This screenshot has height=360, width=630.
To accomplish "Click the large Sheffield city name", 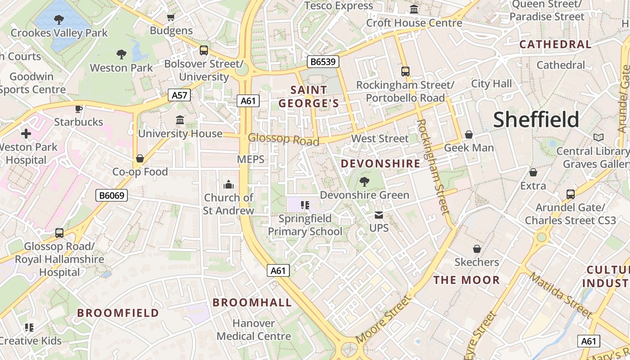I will point(536,120).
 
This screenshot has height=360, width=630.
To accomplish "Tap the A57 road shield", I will point(179,95).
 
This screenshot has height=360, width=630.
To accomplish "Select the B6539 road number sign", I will point(323,62).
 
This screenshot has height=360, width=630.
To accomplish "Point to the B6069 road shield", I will point(112,195).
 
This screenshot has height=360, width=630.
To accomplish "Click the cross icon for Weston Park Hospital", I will point(26,134).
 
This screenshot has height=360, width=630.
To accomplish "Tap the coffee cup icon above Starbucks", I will point(79,109).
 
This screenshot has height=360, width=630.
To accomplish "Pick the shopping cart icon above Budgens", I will point(171,18).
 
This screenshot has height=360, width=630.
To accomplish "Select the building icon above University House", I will point(180,120).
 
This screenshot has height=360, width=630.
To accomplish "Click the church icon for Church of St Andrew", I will point(229,184).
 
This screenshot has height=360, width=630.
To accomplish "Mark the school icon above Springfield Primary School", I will point(305,205).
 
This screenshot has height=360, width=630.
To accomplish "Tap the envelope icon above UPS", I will point(379,215).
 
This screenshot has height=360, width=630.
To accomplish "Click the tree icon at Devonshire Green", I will point(364,182).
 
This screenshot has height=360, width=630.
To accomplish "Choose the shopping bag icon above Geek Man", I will point(469,135).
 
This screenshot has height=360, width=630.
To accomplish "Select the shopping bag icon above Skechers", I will point(477,249).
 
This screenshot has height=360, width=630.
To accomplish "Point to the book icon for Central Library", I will point(598,138).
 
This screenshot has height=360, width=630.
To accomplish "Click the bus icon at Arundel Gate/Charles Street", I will point(570,194).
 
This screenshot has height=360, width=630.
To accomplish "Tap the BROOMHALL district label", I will point(252,302).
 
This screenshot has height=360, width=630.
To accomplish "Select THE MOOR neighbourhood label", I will point(467,280).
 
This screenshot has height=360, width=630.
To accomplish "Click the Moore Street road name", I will point(383,319).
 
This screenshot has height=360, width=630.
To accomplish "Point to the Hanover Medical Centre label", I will point(254,330).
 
